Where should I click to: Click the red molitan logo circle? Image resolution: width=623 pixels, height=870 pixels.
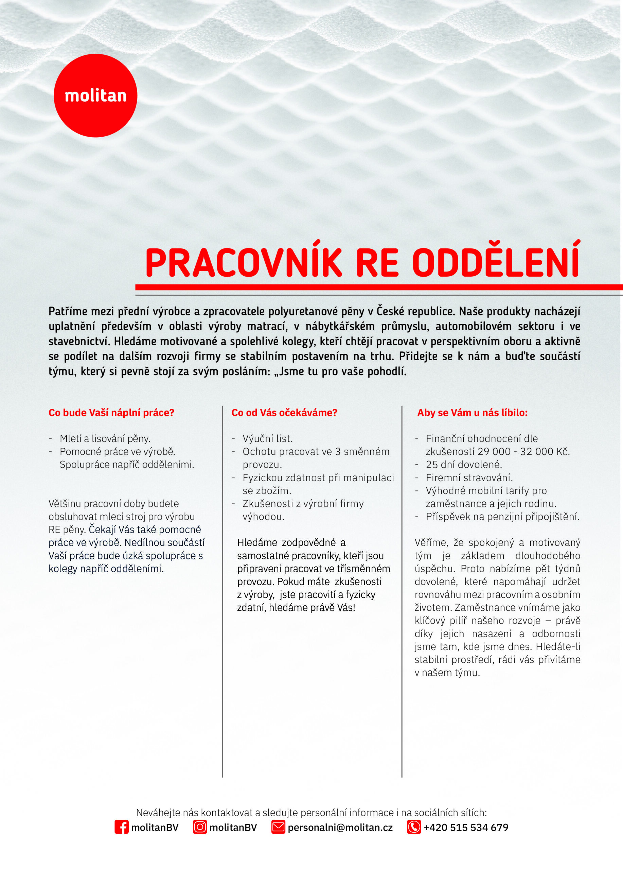click(x=95, y=95)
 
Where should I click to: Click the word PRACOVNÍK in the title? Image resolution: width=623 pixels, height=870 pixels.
click(x=244, y=263)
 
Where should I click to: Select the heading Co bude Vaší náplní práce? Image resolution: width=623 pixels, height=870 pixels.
click(x=111, y=413)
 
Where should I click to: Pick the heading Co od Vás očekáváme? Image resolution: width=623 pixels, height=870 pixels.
click(x=284, y=413)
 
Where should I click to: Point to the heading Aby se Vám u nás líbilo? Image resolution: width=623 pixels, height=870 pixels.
click(x=472, y=413)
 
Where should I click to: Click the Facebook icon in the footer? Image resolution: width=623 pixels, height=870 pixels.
click(x=122, y=827)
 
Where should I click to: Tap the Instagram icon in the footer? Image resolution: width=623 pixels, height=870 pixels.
click(x=200, y=827)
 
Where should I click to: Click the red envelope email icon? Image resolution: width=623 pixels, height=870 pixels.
click(x=278, y=827)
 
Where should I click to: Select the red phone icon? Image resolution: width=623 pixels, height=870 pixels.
click(x=414, y=827)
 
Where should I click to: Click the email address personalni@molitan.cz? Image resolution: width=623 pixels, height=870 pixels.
click(x=340, y=828)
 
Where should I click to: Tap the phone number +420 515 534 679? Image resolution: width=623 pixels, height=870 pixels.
click(x=466, y=828)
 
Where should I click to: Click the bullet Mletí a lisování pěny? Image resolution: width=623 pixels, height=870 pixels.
click(x=105, y=438)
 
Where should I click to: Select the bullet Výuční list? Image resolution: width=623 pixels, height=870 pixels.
click(x=267, y=438)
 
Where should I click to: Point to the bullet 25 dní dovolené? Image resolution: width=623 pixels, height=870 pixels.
click(x=463, y=465)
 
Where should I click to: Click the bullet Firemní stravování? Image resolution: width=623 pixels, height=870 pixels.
click(x=469, y=477)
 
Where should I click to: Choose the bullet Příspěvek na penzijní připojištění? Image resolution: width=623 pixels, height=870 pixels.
click(x=502, y=517)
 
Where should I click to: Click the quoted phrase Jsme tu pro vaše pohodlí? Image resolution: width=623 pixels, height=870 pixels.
click(x=343, y=371)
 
